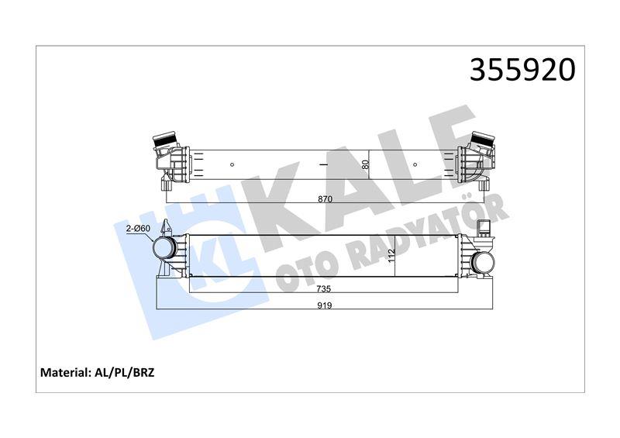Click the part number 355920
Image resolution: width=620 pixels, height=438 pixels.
(522, 70)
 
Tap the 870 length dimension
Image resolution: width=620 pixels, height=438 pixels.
(325, 199)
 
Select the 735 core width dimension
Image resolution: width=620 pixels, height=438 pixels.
(324, 289)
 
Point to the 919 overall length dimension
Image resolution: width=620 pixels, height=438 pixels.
(325, 305)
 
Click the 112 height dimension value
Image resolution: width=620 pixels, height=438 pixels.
(392, 257)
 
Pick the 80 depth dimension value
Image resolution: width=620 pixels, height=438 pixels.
(365, 164)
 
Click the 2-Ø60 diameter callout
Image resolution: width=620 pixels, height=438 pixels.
(139, 228)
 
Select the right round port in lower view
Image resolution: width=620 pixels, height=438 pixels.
(483, 262)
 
